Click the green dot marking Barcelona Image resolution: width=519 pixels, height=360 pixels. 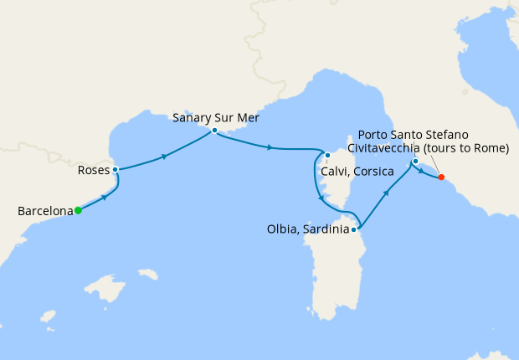(78, 210)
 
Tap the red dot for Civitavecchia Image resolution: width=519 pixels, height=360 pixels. (441, 177)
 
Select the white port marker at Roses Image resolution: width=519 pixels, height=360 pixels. (115, 169)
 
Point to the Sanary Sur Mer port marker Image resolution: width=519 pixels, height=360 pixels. (215, 131)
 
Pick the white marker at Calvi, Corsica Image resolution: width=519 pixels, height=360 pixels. (328, 155)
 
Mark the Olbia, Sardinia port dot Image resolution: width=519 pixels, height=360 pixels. (355, 229)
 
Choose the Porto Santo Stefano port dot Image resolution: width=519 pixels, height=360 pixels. (415, 161)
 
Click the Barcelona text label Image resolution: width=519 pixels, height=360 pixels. (44, 212)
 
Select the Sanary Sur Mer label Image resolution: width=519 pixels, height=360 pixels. (216, 118)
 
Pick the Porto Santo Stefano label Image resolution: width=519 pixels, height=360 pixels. (413, 135)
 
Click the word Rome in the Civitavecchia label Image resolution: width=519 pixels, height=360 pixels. (488, 149)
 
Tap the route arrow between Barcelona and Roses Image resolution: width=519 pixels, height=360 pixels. (104, 197)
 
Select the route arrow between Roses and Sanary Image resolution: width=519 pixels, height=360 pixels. (166, 155)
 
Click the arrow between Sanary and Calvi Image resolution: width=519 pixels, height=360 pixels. (269, 148)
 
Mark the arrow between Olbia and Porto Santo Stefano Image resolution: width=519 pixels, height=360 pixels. (388, 193)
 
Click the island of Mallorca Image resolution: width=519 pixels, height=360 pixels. (104, 291)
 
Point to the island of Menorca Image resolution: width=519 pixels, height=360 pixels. (148, 274)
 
